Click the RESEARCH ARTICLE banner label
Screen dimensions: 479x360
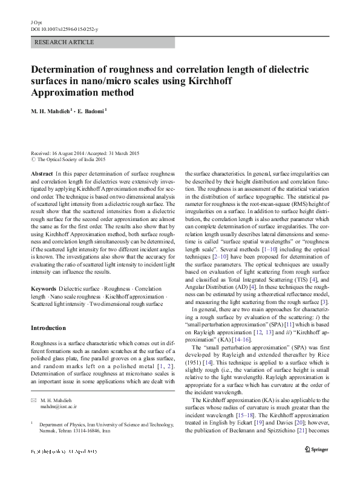click(x=65, y=42)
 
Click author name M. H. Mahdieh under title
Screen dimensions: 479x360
click(x=53, y=111)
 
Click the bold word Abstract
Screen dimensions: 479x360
click(x=41, y=173)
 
